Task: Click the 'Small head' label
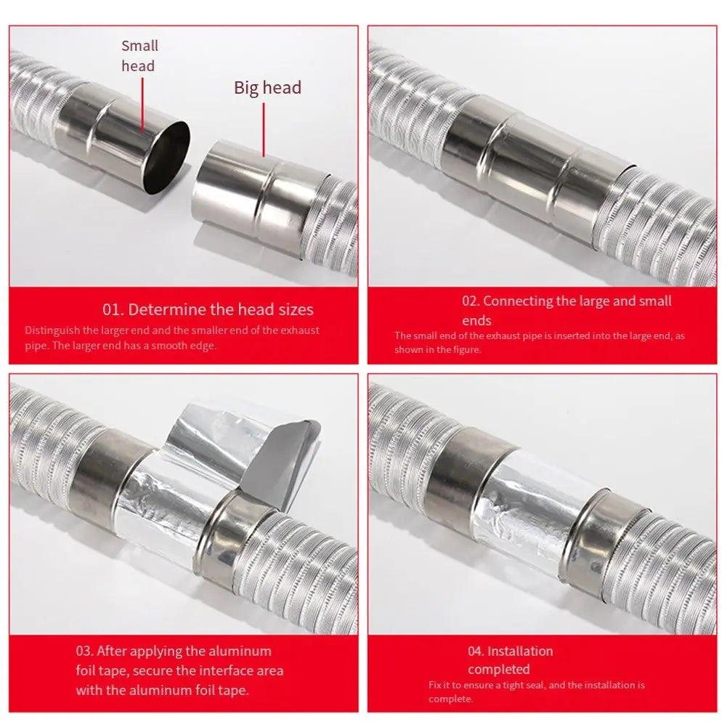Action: click(x=139, y=56)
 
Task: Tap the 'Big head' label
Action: click(x=267, y=88)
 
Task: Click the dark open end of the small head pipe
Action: click(x=167, y=158)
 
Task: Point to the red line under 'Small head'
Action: click(x=142, y=105)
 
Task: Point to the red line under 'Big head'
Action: click(x=264, y=130)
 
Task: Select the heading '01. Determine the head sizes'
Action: click(x=208, y=309)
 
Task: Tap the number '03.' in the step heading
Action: click(x=85, y=651)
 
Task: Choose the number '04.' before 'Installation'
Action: click(x=476, y=651)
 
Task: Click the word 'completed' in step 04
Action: click(x=498, y=670)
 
